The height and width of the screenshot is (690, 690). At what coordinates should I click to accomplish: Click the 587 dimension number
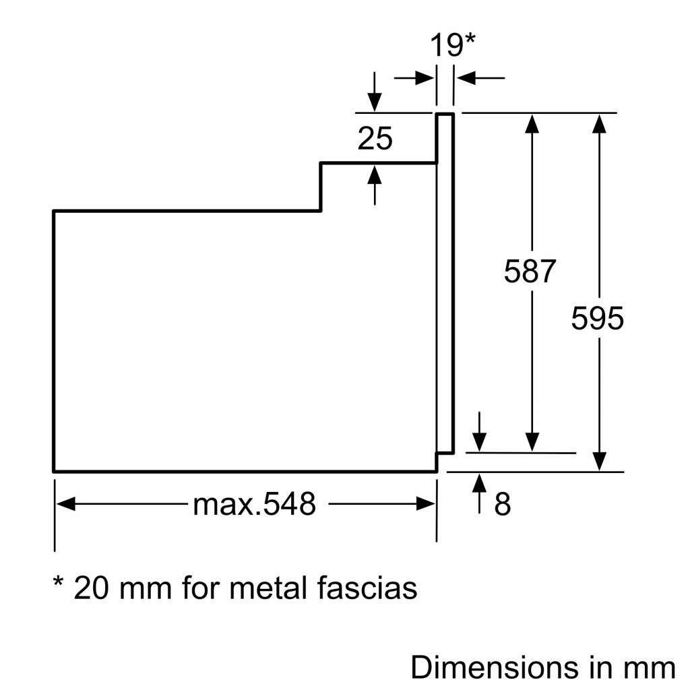[530, 272]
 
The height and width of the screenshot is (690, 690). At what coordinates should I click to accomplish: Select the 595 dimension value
[598, 318]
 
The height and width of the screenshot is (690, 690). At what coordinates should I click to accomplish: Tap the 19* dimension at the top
[453, 46]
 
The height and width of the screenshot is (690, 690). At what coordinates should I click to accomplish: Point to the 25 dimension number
[375, 139]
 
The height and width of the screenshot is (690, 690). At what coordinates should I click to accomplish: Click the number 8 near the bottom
[503, 504]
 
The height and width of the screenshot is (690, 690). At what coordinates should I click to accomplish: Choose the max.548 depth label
[254, 504]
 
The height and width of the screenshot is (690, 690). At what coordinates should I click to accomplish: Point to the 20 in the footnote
[92, 588]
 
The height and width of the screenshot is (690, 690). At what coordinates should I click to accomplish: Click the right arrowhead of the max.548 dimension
[426, 504]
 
